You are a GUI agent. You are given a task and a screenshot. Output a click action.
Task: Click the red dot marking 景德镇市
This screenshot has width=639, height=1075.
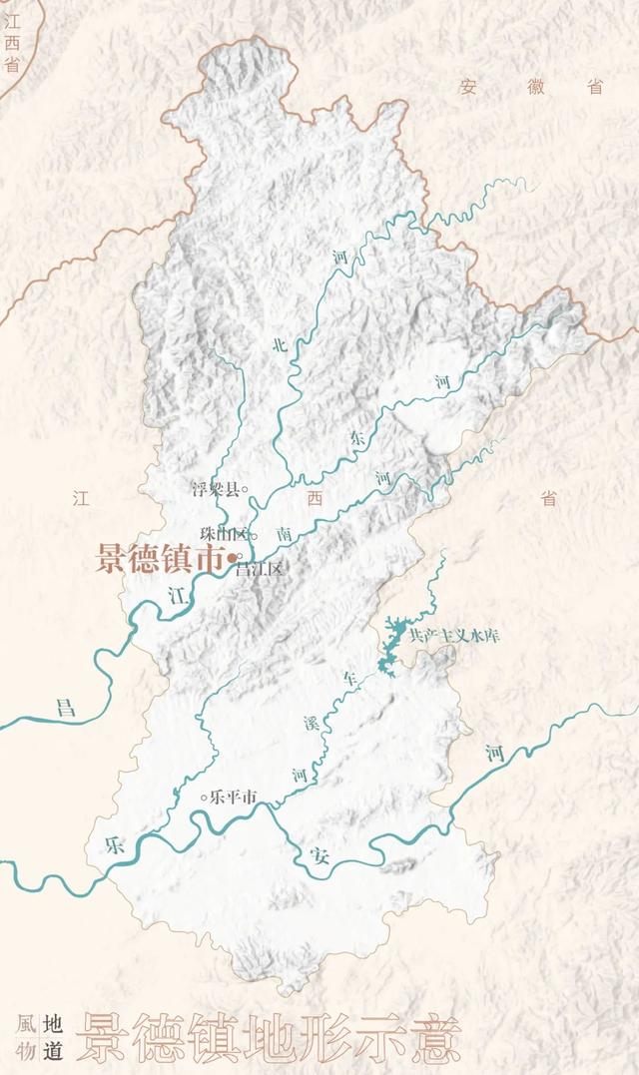231,557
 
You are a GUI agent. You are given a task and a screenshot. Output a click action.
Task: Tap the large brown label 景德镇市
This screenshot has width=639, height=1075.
160,557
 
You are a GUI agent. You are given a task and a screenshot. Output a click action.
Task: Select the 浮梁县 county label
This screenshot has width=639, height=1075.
216,490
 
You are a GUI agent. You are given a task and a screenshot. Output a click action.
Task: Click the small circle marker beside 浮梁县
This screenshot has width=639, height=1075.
245,490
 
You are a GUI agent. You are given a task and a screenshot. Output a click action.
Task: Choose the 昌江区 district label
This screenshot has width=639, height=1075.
260,569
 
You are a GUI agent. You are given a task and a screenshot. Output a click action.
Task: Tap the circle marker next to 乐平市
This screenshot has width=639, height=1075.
206,797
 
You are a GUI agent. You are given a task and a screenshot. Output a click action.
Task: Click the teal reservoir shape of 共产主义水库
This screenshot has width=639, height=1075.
391,639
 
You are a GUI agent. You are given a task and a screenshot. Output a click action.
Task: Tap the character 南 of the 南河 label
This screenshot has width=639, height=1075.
285,535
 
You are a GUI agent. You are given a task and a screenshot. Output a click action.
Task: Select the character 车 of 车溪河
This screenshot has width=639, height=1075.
349,679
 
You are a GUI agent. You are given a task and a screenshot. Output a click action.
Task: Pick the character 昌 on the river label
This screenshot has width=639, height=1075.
65,708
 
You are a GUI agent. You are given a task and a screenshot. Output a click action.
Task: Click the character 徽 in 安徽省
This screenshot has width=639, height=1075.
536,87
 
